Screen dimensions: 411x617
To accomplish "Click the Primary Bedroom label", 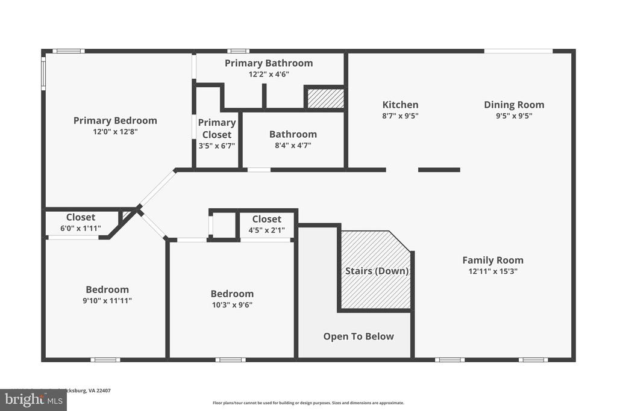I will coord(115,120).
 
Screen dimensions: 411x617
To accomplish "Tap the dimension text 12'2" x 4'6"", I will coord(269,74).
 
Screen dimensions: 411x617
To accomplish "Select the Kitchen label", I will coord(400,105).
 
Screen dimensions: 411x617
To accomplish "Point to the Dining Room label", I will coord(514,105).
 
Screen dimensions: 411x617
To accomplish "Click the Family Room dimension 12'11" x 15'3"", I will coord(493,271).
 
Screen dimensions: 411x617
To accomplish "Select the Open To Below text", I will coord(359,336).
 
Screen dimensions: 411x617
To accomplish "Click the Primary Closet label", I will coord(217,128).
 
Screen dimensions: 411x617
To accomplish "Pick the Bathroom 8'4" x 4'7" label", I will coord(293,139).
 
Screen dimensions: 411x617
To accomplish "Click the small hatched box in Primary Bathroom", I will coord(325,98).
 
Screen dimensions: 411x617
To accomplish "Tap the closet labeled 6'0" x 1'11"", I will coord(81,223).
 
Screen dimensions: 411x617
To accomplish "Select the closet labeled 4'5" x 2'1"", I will coord(266,224).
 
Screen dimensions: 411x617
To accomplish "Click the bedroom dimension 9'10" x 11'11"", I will coord(107,300).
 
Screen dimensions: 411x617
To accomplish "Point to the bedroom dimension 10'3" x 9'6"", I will coord(232,304).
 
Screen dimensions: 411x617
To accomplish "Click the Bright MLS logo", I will coord(33,400).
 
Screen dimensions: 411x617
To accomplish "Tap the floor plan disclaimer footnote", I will coord(308,403).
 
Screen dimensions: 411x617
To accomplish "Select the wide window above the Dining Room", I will coord(519,51).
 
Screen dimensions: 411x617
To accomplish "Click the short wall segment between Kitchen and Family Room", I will coord(439,170).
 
